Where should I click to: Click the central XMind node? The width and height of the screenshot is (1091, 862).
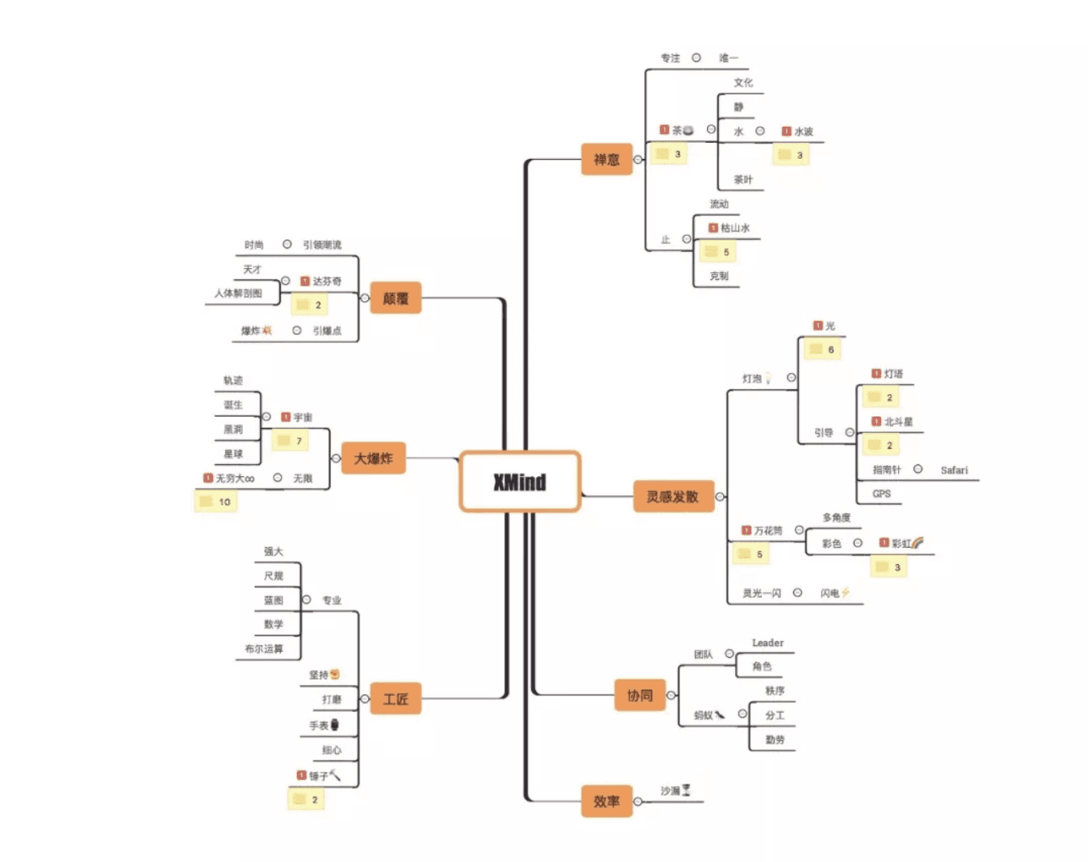point(520,482)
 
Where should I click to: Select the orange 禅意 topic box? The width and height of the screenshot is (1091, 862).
point(607,159)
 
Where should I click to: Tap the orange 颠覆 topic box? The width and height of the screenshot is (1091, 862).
point(395,298)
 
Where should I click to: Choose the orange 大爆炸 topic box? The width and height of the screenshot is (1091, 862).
point(373,458)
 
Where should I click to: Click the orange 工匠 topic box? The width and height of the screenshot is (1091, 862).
point(395,699)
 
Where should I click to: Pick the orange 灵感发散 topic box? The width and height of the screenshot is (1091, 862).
point(673,496)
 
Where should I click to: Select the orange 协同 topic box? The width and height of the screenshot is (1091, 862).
point(640,695)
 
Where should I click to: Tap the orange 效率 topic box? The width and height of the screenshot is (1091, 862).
point(607,801)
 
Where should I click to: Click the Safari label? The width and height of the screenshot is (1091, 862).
point(954,470)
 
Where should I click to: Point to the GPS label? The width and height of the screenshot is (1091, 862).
point(881,494)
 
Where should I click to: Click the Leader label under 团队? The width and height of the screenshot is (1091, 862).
point(767,643)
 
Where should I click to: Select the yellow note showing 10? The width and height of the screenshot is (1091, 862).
point(216,502)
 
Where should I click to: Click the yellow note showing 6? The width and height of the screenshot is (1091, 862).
point(822,349)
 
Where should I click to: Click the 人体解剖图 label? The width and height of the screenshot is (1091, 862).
point(238,294)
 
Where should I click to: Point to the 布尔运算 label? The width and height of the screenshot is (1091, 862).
point(264,649)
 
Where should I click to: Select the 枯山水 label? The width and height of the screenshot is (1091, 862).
point(734,228)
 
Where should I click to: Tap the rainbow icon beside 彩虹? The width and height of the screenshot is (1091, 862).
point(918,543)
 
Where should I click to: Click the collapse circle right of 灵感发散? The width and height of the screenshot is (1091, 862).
point(720,496)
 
